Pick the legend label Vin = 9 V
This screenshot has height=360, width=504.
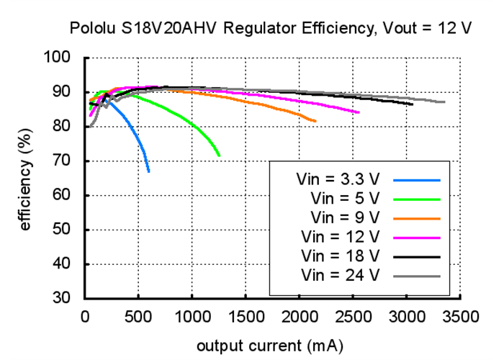click(342, 217)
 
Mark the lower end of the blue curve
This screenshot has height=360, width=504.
click(149, 171)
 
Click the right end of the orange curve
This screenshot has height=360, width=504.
click(315, 120)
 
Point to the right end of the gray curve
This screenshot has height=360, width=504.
click(444, 102)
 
